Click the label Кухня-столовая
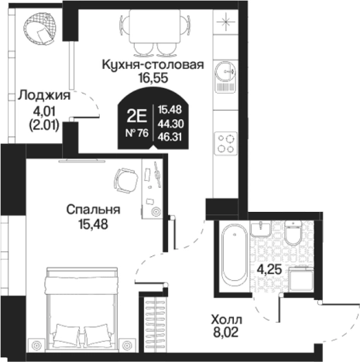[153, 65]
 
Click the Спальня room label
[92, 210]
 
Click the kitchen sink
[226, 70]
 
